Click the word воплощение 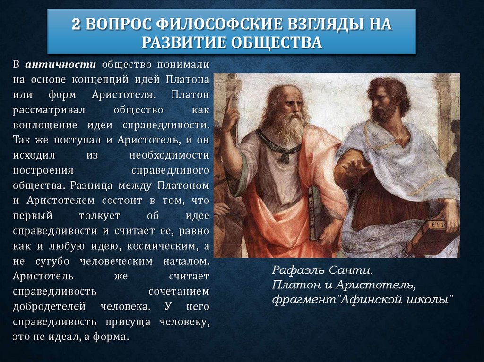tap(45, 125)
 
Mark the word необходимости tap(169, 155)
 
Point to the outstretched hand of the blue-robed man tap(348, 165)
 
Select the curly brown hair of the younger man tap(389, 90)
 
